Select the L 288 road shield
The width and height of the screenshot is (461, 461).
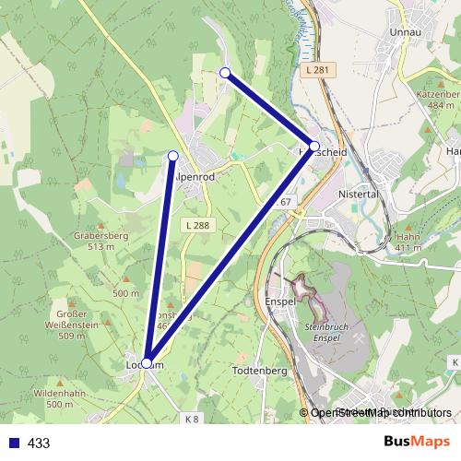click(x=197, y=225)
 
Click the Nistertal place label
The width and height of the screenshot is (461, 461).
click(x=361, y=195)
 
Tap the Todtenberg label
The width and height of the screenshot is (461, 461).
click(x=261, y=371)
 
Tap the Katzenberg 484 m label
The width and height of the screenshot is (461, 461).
click(x=437, y=100)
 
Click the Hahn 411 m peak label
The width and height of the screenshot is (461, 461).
click(x=408, y=242)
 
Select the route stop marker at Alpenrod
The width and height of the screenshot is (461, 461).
click(x=172, y=155)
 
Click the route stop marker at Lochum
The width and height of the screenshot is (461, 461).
click(x=147, y=363)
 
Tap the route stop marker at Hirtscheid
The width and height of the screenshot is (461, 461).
click(x=314, y=147)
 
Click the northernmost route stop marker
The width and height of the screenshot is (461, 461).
click(x=224, y=72)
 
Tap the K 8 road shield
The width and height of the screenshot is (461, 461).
click(x=191, y=419)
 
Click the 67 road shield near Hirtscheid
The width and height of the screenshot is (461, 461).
click(x=287, y=202)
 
